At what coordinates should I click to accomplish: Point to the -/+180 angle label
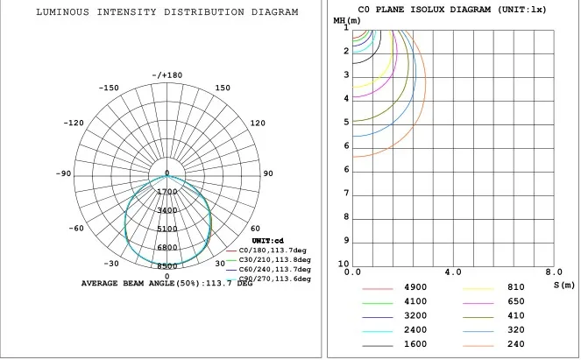tap(167, 75)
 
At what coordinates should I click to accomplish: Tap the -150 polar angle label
tap(109, 88)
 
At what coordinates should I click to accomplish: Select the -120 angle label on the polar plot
tap(74, 124)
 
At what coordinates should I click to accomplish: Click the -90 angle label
tap(63, 174)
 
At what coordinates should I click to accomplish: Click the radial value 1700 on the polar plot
tap(167, 192)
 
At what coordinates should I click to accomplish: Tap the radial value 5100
tap(167, 229)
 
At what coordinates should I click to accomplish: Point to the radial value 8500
tap(167, 266)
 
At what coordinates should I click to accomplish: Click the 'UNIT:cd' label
tap(266, 240)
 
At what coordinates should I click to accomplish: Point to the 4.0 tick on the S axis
tap(453, 272)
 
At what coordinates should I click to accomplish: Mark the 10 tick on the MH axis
tap(344, 265)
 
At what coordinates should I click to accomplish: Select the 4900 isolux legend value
tap(415, 287)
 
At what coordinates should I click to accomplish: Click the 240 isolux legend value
tap(515, 343)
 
